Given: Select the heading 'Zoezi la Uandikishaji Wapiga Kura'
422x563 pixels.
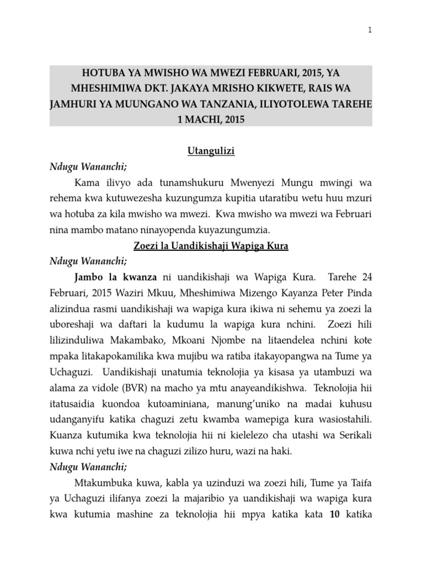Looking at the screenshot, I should coord(211,246).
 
